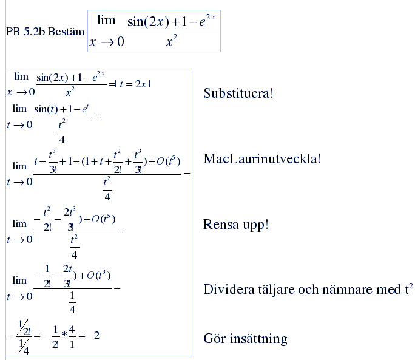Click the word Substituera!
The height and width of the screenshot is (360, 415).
(x=238, y=93)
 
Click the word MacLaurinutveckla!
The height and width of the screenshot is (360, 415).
(x=262, y=159)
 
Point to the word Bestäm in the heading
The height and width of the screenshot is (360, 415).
(x=67, y=32)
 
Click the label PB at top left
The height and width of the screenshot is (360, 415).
(x=13, y=32)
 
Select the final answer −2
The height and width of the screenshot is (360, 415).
(x=93, y=336)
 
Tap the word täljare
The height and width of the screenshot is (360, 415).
(x=271, y=290)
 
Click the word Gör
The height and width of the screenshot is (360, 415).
(x=214, y=338)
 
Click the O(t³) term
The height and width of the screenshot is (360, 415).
(x=98, y=275)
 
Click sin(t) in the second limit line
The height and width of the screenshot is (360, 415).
(x=46, y=109)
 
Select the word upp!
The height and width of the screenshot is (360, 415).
(x=255, y=225)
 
